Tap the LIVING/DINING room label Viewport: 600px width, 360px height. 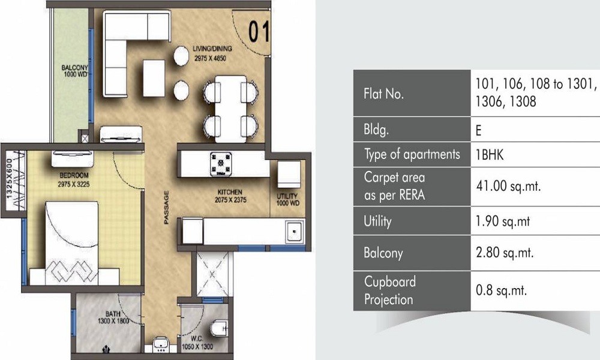click(x=212, y=53)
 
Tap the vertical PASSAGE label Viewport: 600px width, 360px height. click(x=166, y=208)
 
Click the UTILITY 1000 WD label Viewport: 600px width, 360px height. click(x=287, y=200)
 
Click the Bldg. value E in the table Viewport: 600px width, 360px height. click(x=479, y=129)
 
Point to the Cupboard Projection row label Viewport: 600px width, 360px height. click(x=389, y=290)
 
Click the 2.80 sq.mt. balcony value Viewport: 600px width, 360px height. click(x=504, y=253)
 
